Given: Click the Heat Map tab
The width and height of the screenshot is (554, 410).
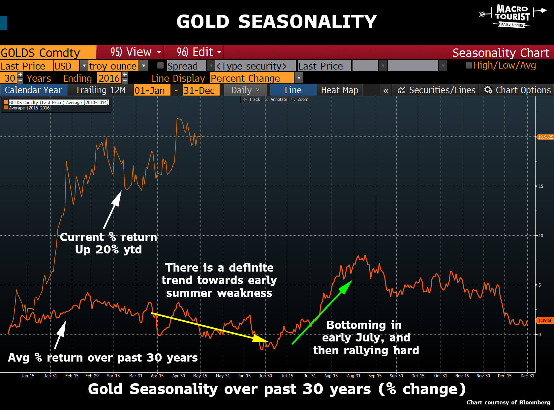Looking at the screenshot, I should point(339,90).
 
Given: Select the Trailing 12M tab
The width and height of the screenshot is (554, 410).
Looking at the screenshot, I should point(100,90).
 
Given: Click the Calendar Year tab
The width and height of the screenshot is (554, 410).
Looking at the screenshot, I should point(33,90).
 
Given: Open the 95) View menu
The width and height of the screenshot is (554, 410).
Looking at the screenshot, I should point(136,52).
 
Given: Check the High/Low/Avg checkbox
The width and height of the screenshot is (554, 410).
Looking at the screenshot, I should point(468,65).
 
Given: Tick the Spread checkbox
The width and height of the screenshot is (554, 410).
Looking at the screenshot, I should point(161,65).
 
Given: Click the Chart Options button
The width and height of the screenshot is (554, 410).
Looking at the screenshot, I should point(517,90).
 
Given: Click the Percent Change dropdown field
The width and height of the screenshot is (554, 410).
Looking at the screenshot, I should point(252,78).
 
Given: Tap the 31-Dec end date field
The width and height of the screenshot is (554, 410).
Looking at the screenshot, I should point(199,90).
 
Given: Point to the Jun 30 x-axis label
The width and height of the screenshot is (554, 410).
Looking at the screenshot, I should point(265,376).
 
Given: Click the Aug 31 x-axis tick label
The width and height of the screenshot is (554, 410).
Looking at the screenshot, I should point(354,376).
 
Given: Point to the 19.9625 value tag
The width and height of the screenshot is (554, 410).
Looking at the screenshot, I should point(545,137).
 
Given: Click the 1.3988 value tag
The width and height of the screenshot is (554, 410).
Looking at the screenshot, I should point(544,320).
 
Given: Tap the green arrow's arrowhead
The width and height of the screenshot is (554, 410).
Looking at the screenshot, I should point(347,286).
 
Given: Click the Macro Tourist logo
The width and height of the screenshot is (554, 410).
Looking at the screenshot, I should point(512,16).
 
